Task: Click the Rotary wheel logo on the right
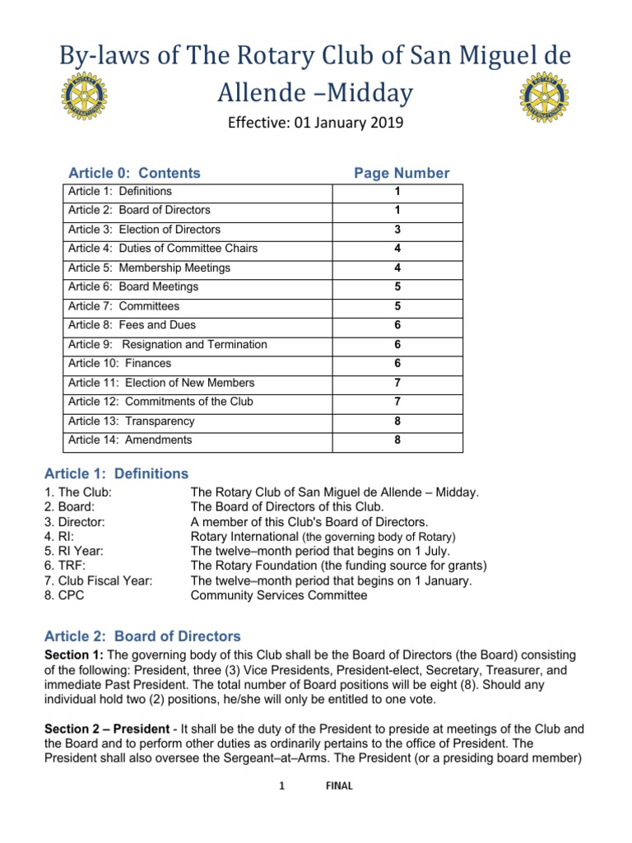(545, 98)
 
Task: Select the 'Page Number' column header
(402, 173)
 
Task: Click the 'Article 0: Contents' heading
(134, 173)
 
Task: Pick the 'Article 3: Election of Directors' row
(144, 230)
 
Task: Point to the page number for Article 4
(397, 249)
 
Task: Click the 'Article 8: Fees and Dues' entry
(132, 325)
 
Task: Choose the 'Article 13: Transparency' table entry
(132, 421)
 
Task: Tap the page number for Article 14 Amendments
(397, 440)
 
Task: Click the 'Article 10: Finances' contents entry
(120, 363)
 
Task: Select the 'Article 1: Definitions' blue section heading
(117, 473)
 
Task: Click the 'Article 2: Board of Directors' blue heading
(143, 636)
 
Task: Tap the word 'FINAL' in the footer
(339, 786)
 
